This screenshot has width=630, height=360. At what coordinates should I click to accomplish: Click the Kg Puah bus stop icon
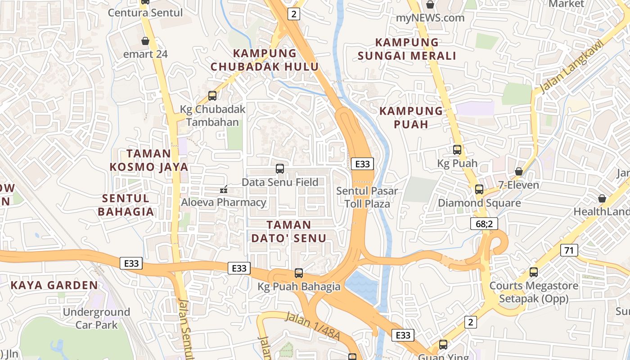pos(457,150)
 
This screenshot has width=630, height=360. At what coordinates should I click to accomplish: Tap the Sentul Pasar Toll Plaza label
pos(367,197)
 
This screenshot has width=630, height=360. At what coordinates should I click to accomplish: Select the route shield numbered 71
pos(569,250)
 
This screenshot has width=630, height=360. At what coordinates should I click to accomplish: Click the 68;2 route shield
pos(484,224)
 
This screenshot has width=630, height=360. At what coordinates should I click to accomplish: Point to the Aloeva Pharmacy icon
pos(223,190)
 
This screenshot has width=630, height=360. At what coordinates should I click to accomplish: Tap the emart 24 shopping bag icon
pos(145,41)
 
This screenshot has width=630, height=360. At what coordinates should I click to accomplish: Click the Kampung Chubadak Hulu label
pos(265,60)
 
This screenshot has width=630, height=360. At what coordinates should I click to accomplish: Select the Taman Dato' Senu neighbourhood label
pos(288,231)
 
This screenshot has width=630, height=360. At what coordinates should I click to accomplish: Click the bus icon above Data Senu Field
pos(280,169)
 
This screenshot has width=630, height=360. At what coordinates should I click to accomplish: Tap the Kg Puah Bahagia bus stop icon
pos(299,273)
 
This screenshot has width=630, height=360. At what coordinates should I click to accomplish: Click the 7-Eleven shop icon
pos(519,171)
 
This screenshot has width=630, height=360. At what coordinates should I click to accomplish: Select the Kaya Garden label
pos(54,285)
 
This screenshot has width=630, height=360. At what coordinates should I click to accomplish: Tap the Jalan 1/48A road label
pos(312,324)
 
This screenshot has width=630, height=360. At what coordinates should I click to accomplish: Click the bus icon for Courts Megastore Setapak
pos(534,272)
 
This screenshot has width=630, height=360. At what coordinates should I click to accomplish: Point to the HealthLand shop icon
pos(602,198)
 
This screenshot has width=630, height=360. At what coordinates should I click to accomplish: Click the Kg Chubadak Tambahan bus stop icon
pos(212,95)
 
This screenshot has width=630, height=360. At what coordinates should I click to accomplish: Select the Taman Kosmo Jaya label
pos(149,160)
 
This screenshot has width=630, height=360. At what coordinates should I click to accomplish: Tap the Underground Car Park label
pos(96,318)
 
